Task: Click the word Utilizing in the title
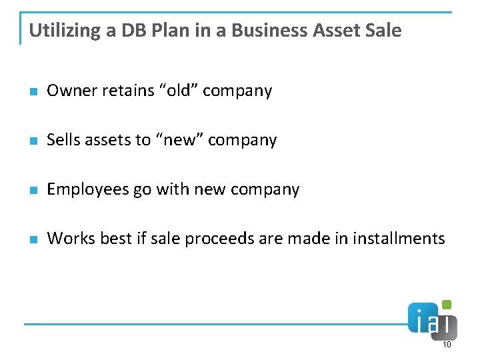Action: [x=64, y=31]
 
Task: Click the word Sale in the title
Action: [x=385, y=31]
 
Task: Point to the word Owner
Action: [x=72, y=91]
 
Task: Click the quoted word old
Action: [x=178, y=91]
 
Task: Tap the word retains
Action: [x=129, y=91]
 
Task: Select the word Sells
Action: [x=63, y=140]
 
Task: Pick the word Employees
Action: [x=87, y=189]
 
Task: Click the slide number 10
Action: [x=447, y=345]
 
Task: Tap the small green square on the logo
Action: [x=447, y=305]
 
